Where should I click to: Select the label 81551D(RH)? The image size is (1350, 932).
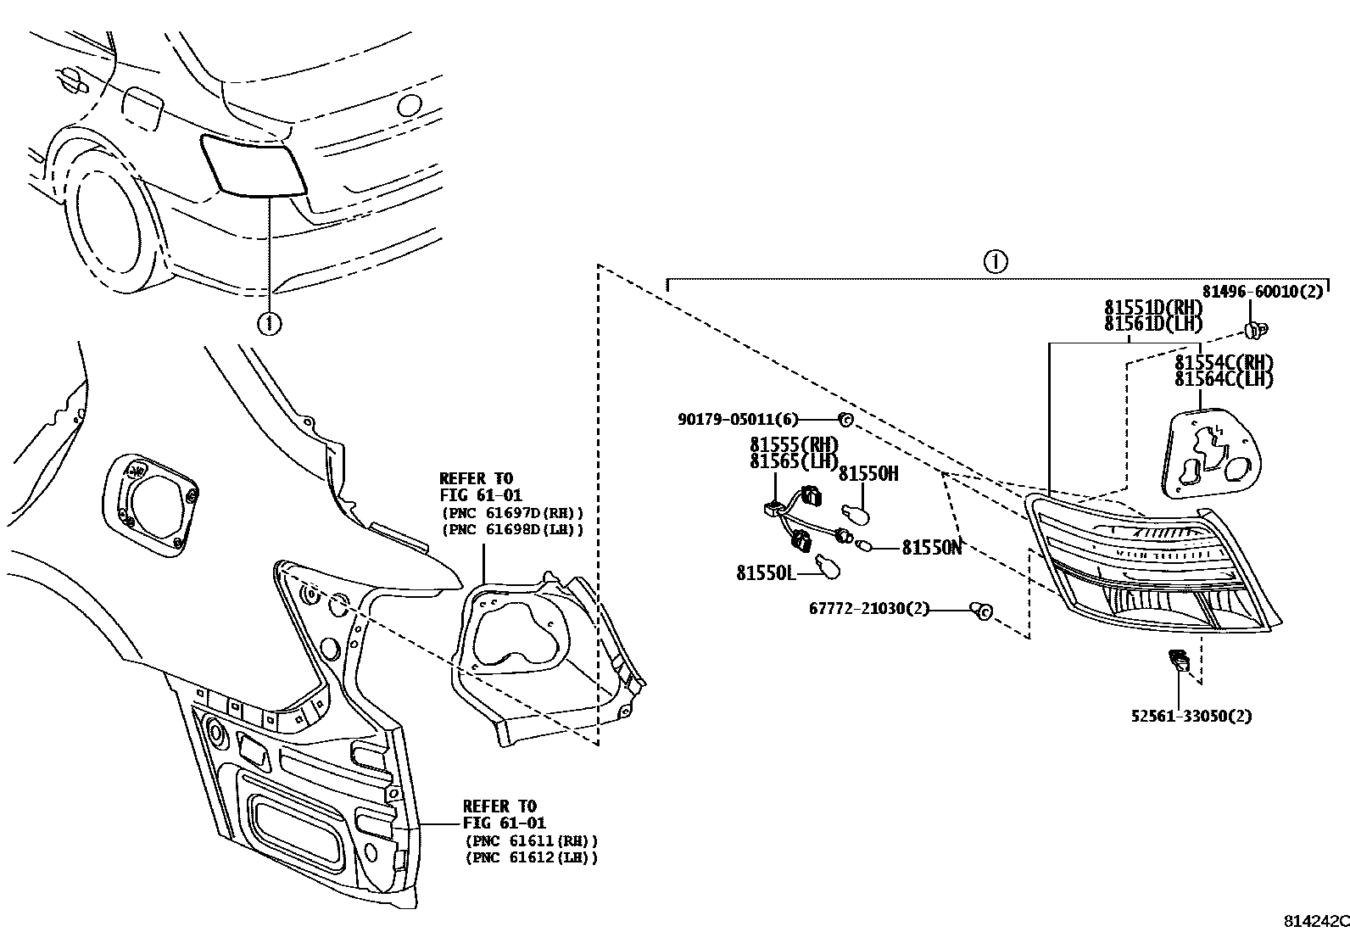coord(1153,308)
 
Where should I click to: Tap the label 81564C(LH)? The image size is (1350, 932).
coord(1224,380)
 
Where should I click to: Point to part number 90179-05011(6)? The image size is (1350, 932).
coord(738,419)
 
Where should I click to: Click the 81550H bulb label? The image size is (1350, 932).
coord(867,474)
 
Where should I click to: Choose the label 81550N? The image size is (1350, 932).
coord(931,548)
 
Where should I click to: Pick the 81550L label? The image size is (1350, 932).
coord(766,573)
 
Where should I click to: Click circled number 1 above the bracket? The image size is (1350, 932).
coord(996,261)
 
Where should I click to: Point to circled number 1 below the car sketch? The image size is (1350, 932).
coord(269,323)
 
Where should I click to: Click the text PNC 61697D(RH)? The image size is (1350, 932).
coord(512,513)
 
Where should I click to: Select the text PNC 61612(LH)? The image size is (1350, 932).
coord(531,857)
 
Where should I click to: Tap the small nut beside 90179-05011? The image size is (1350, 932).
coord(845,419)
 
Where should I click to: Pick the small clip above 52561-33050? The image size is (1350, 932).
coord(1178,658)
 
